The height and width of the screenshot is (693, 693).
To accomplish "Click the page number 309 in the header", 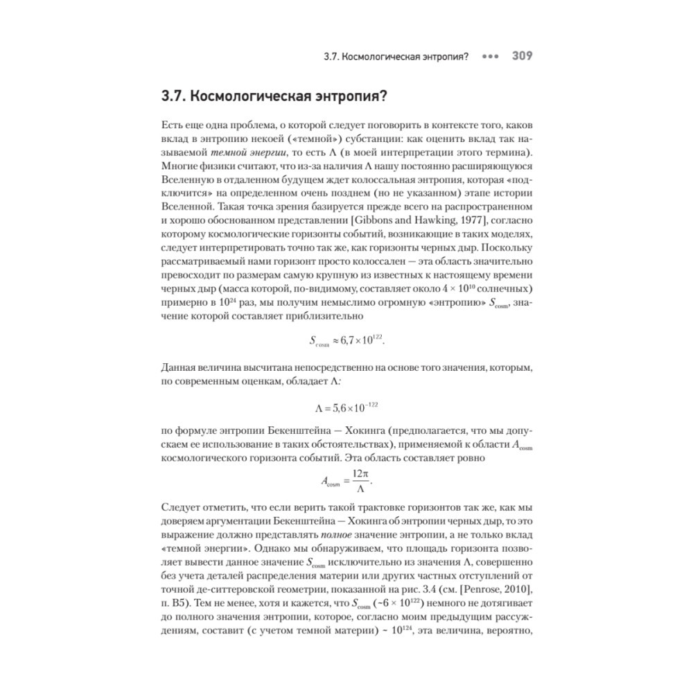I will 522,56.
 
